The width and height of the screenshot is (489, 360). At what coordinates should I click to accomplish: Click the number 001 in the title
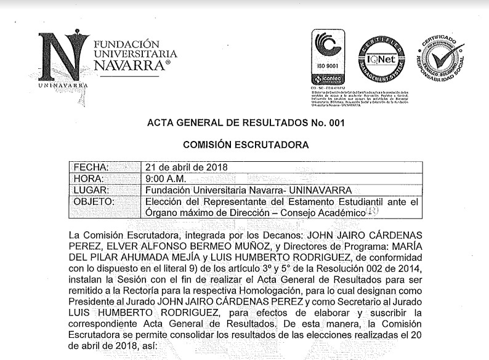[331, 123]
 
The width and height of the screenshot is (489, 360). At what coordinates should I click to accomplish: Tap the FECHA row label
[91, 167]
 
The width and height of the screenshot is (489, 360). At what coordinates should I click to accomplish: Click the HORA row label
[88, 178]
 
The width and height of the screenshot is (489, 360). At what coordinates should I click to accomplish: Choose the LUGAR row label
[91, 190]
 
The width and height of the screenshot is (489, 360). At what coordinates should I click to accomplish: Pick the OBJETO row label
[94, 201]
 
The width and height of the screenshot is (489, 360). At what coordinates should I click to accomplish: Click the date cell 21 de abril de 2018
[185, 167]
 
